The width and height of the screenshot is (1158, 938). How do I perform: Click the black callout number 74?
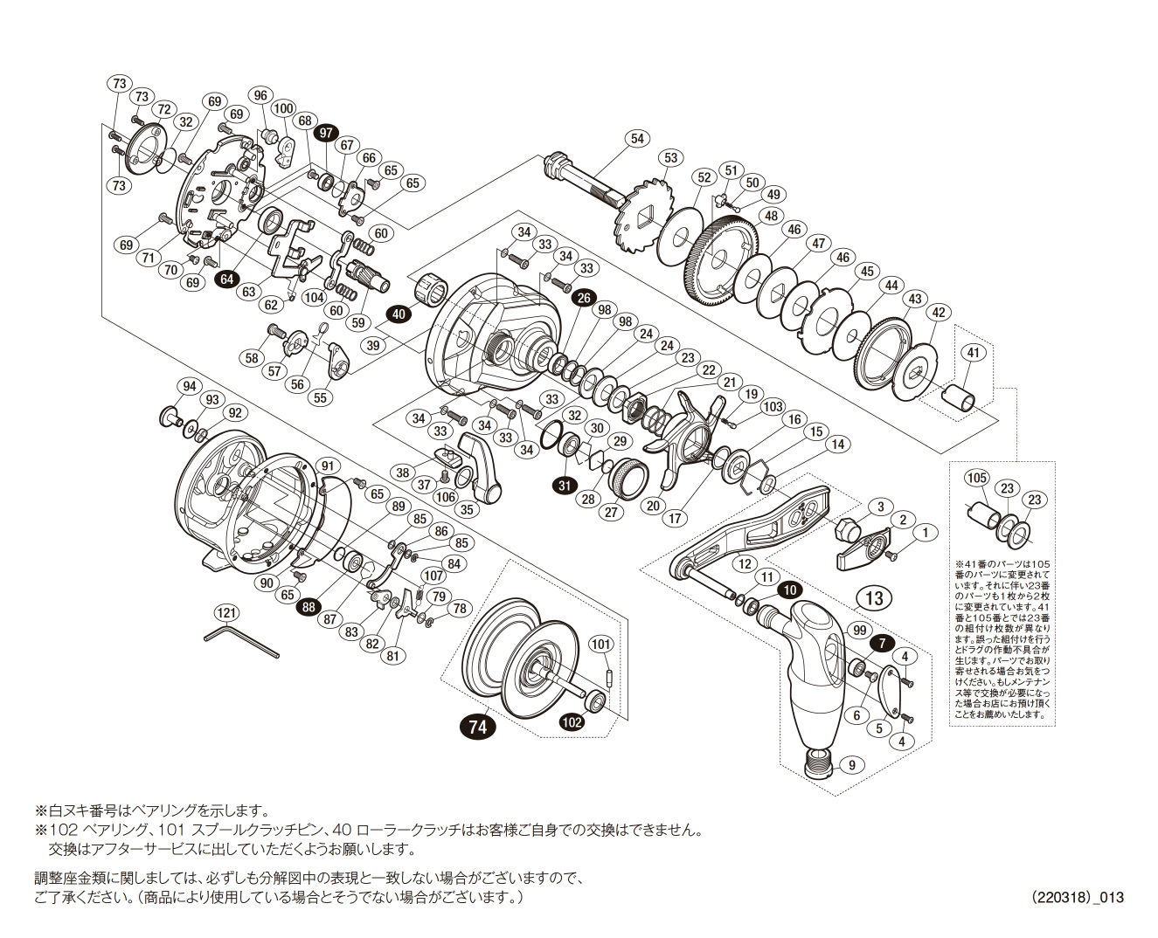[477, 727]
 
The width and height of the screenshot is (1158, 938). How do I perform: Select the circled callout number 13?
[874, 598]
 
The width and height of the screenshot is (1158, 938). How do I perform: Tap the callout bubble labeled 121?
[226, 613]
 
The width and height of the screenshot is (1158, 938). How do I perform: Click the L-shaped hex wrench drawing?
[240, 640]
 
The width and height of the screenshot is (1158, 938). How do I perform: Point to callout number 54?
[637, 138]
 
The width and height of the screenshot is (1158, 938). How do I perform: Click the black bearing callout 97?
[326, 133]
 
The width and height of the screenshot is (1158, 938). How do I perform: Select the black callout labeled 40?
[399, 314]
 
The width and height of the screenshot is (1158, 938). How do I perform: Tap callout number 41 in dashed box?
[974, 353]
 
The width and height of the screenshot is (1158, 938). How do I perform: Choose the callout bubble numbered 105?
[977, 478]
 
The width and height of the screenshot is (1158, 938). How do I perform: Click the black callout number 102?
[572, 721]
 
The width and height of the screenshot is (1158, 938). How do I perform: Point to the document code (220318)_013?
[1077, 897]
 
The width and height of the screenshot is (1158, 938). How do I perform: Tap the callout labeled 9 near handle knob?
[851, 765]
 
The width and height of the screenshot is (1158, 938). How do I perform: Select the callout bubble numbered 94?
[188, 387]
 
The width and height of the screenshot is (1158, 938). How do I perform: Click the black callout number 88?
[309, 608]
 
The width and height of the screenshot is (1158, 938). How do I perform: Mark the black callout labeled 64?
[227, 279]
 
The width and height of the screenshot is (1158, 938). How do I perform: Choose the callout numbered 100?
[283, 109]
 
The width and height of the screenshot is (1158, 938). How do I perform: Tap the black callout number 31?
[565, 486]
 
